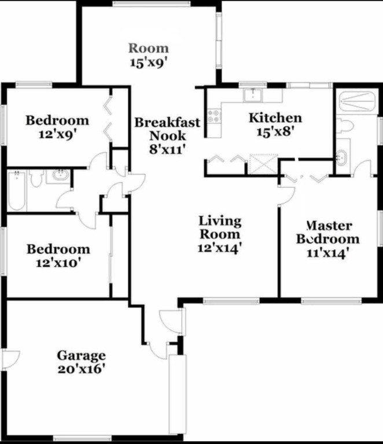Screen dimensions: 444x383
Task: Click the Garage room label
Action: [x=81, y=355]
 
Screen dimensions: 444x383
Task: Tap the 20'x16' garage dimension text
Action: [x=81, y=368]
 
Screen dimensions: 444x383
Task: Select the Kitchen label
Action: [x=275, y=118]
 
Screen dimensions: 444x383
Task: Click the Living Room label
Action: [x=220, y=227]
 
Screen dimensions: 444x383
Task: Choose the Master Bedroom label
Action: [x=327, y=232]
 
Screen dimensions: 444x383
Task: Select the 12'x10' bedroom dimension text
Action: [x=58, y=262]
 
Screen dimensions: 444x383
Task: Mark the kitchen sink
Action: [x=253, y=95]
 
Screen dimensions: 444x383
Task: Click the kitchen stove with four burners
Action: [x=213, y=116]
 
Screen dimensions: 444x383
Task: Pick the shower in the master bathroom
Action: [x=356, y=102]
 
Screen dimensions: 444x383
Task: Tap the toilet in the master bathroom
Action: [x=345, y=125]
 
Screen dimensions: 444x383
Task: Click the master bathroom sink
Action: [x=342, y=156]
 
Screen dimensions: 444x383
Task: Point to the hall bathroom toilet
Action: [x=36, y=177]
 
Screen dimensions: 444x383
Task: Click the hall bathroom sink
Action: [x=58, y=175]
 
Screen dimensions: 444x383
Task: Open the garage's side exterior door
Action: [x=9, y=359]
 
